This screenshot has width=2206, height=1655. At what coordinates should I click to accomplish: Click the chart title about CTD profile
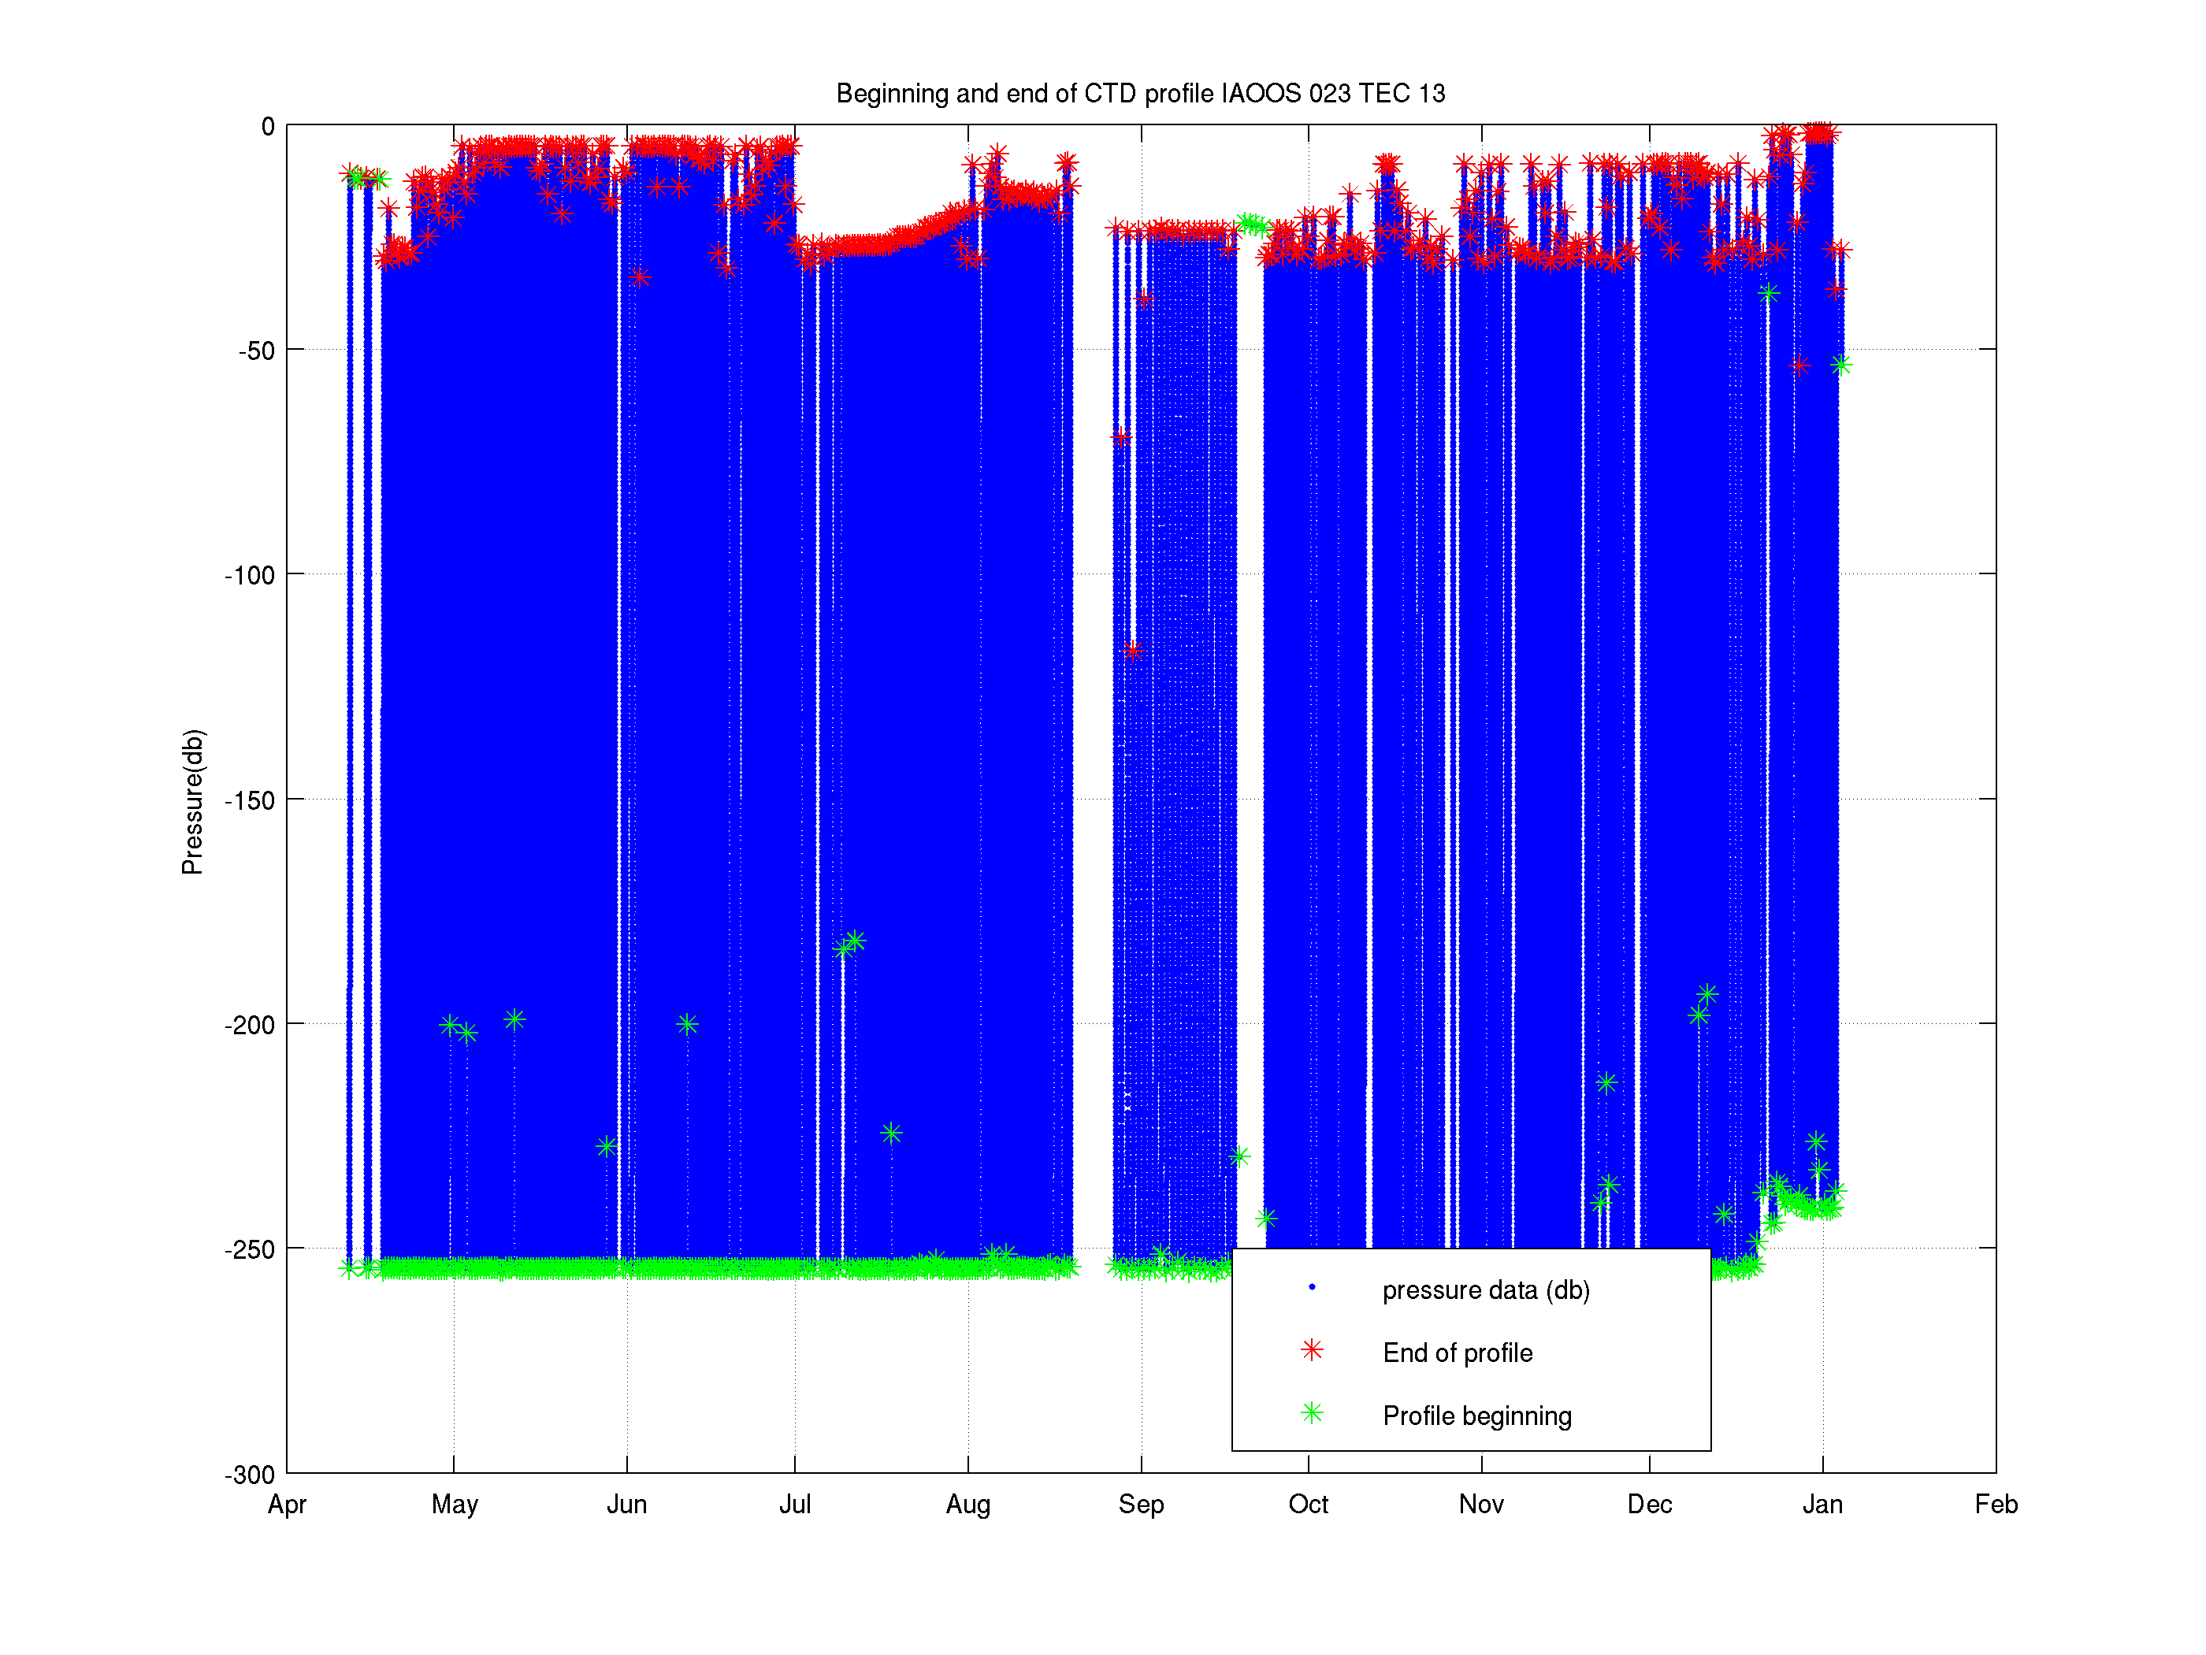[1140, 94]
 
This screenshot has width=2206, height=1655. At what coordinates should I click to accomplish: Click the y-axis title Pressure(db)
[192, 802]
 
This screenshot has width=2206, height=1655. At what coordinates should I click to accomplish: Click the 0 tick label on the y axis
[267, 127]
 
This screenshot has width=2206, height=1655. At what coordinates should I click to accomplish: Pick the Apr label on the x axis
[288, 1505]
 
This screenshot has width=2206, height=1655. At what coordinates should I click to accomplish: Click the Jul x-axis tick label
[795, 1505]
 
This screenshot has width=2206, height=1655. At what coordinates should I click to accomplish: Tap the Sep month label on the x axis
[1141, 1505]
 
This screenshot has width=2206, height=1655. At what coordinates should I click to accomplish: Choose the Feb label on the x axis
[1996, 1505]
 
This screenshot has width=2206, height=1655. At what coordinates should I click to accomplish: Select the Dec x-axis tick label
[1650, 1505]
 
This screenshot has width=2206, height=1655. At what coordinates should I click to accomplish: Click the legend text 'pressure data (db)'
[1486, 1290]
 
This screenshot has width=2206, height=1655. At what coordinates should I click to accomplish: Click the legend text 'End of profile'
[1457, 1353]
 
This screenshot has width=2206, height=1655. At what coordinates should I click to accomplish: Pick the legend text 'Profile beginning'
[1477, 1416]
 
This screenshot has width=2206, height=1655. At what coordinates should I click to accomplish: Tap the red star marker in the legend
[1313, 1351]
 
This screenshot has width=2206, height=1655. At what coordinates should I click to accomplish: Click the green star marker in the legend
[1313, 1414]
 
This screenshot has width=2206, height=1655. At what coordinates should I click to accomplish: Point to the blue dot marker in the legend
[1313, 1287]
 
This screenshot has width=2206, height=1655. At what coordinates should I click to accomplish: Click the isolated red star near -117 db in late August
[1132, 651]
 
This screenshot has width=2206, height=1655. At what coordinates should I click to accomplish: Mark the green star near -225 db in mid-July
[892, 1134]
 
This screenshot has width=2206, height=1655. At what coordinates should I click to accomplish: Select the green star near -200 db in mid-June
[687, 1024]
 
